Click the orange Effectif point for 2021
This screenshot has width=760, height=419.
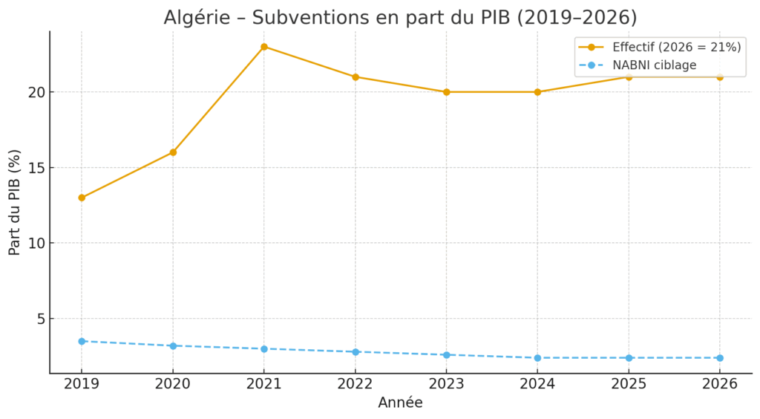coord(264,47)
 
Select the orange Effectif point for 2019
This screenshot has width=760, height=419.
coord(82,198)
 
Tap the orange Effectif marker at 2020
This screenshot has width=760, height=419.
coord(173,152)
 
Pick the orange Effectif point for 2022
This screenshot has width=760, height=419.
coord(356,77)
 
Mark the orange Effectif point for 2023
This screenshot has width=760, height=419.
coord(447,92)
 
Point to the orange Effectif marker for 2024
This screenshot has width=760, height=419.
coord(537,92)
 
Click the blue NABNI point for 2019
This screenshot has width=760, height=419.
coord(82,341)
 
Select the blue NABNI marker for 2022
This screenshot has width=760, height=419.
coord(356,351)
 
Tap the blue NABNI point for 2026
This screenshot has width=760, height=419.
coord(720,358)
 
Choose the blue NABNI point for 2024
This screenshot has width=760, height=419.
coord(537,358)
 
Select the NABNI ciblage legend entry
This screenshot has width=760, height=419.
coord(654,65)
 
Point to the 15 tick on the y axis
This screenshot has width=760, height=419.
coord(36,168)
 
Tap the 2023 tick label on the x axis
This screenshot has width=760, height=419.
coord(447,384)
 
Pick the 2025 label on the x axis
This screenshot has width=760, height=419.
coord(629,384)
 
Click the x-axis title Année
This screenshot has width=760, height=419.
coord(400,403)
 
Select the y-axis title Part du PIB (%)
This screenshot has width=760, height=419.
coord(15,202)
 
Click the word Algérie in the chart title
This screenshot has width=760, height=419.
coord(195,18)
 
